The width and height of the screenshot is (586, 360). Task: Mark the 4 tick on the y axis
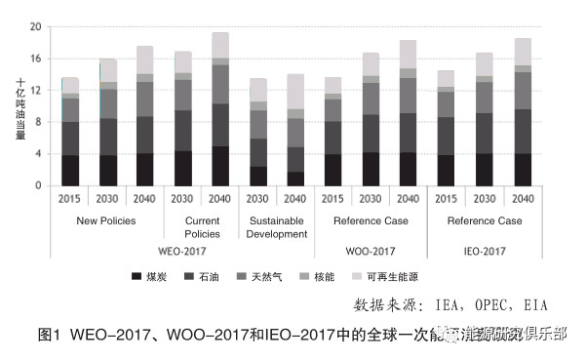click(x=38, y=153)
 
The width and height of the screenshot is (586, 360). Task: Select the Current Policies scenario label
click(x=202, y=227)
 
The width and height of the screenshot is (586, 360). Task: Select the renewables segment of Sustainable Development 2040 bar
click(x=295, y=92)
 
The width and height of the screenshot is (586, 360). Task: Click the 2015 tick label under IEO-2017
click(x=446, y=198)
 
